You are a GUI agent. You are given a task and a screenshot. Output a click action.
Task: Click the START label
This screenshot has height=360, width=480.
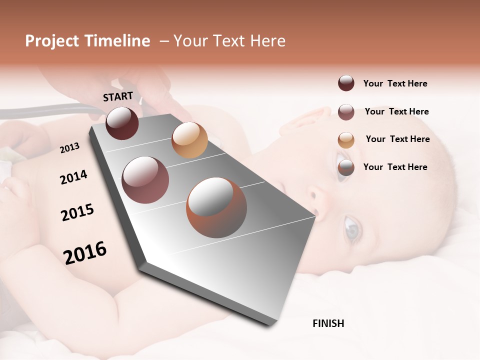point(118,96)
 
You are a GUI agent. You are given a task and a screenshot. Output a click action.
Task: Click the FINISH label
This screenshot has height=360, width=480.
point(328,323)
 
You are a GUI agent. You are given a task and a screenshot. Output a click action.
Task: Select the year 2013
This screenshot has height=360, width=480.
point(70,147)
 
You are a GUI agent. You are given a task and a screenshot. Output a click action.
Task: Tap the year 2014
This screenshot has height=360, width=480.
point(73,177)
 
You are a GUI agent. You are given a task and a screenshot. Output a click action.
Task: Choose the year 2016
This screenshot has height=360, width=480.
point(85,252)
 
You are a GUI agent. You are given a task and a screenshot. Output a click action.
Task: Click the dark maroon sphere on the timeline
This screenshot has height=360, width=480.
point(122,123)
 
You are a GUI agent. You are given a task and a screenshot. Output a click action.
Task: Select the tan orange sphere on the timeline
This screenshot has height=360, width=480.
point(189,140)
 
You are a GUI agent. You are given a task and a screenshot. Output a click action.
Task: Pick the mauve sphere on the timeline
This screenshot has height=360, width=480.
point(145,180)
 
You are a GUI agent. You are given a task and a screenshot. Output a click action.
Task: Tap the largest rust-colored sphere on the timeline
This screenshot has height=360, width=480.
point(216,207)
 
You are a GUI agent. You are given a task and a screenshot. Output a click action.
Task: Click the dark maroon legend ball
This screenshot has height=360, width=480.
point(346,83)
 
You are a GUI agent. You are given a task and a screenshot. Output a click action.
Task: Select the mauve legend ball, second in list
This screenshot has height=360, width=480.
point(346,112)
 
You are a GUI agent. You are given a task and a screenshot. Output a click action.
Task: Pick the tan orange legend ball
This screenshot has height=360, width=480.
point(346,140)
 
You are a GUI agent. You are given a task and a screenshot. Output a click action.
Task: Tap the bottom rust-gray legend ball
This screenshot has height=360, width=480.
point(346,167)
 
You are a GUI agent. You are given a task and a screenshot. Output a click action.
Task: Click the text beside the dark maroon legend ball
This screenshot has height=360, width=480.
point(395,83)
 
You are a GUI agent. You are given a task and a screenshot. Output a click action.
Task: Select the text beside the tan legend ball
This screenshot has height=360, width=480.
point(397,139)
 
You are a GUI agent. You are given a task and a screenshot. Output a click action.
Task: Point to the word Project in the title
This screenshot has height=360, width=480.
point(52,41)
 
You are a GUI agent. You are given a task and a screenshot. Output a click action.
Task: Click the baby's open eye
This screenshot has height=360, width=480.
point(352,227)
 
